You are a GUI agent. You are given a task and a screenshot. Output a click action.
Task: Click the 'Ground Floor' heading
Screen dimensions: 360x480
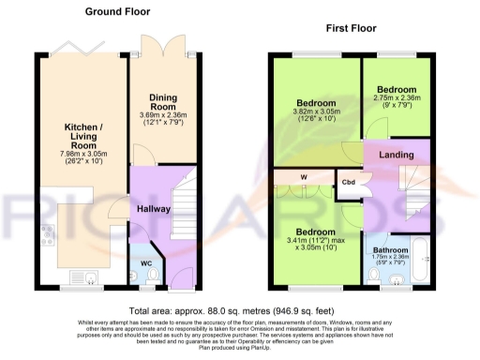coord(118,12)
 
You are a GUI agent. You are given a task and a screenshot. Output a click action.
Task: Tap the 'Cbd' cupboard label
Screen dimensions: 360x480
coord(348,183)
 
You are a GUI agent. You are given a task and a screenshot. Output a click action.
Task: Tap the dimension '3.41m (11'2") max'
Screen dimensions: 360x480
coord(315,240)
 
